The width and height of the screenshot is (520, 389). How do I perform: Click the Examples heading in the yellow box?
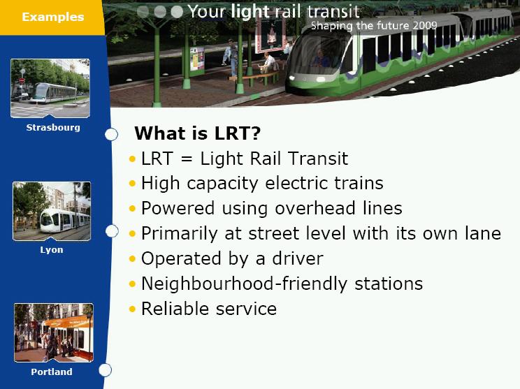tap(52, 17)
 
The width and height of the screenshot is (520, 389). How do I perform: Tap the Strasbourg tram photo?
tap(50, 88)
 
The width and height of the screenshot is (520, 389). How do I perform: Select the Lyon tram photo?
tap(52, 211)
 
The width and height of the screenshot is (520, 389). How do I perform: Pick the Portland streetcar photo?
tap(54, 332)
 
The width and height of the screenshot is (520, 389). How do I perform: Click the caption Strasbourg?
tap(53, 128)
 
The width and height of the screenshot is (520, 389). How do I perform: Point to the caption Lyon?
tap(52, 250)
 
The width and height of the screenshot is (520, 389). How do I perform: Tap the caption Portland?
tap(52, 372)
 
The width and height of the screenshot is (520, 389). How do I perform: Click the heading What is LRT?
tap(198, 133)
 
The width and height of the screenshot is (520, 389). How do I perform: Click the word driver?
tap(298, 258)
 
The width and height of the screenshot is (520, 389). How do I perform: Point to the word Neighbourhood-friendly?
tap(244, 284)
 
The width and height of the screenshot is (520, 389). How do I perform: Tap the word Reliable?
tap(175, 309)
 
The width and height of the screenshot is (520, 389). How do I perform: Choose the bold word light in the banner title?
tap(250, 12)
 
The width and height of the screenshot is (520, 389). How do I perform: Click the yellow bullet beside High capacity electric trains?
tap(133, 183)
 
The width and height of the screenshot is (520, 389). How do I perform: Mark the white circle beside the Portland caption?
tap(105, 370)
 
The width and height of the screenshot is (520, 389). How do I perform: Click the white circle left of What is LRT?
tap(111, 135)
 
